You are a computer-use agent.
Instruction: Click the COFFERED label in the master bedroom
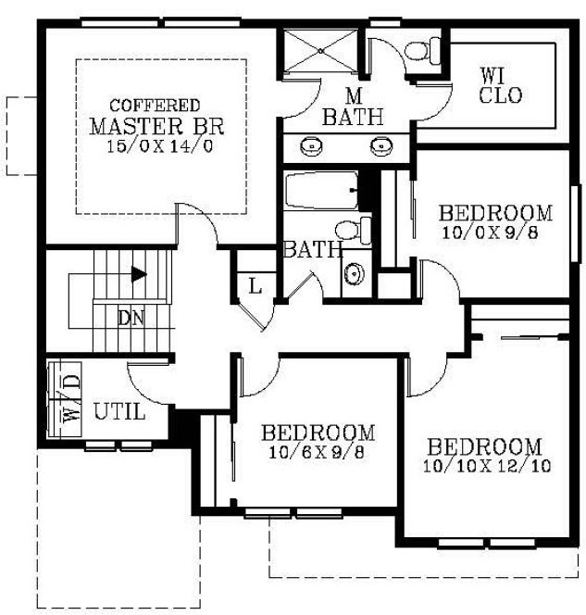[155, 106]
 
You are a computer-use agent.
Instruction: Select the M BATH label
[353, 107]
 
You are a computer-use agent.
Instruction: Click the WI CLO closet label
[501, 84]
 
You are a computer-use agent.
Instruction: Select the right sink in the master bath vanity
[380, 145]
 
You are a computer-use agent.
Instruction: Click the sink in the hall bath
[355, 274]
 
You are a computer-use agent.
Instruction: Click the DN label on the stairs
[131, 317]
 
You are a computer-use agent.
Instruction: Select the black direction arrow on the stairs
[138, 274]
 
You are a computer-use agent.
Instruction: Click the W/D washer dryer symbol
[71, 396]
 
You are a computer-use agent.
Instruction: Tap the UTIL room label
[120, 411]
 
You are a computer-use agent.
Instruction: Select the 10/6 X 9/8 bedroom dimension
[318, 454]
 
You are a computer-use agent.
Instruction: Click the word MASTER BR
[156, 126]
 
